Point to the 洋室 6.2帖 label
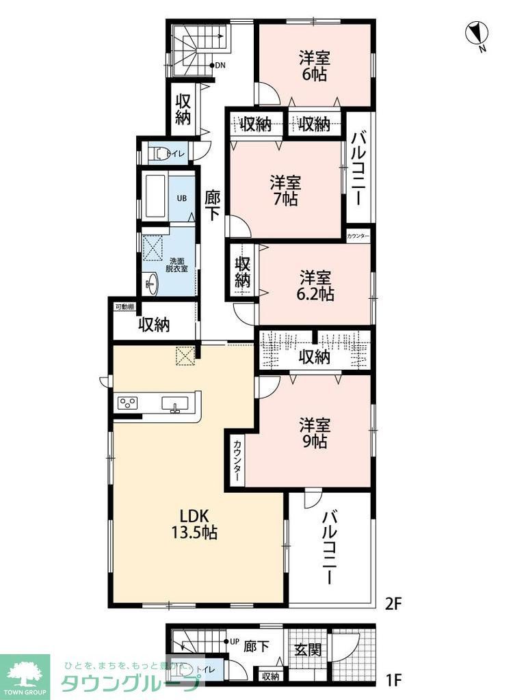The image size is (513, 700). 315,286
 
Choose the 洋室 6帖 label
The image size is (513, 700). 314,65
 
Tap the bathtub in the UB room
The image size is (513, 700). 157,198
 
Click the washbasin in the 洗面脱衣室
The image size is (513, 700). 151,282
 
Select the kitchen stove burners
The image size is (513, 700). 128,403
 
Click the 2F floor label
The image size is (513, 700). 393,604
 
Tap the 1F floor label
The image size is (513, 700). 393,680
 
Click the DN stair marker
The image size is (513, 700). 219,66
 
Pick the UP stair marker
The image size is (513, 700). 233,642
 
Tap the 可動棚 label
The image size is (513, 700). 125,307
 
